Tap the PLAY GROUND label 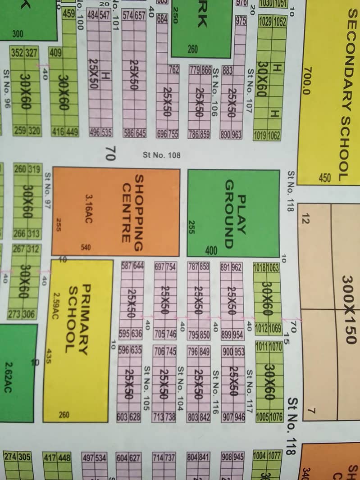coord(235,213)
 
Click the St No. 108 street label coord(161,155)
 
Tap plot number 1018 coord(260,267)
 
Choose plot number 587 coord(127,266)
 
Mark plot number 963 coord(237,135)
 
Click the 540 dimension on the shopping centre coord(86,247)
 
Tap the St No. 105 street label coord(146,388)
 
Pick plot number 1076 coord(275,417)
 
